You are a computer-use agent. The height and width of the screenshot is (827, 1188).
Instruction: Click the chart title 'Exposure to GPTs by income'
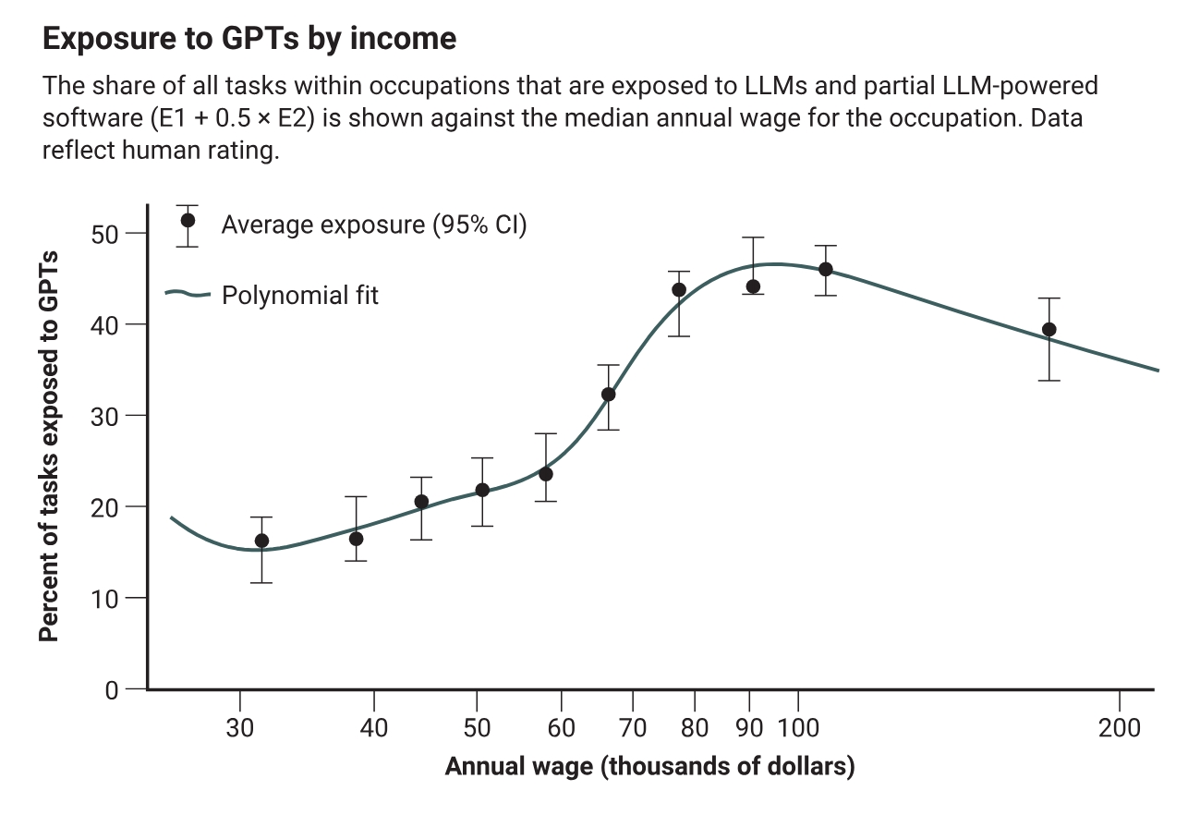249,39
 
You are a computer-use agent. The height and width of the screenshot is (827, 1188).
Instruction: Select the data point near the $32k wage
261,541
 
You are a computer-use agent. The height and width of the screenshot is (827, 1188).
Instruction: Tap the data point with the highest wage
1049,330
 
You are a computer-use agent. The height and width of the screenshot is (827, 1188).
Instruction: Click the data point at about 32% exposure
608,395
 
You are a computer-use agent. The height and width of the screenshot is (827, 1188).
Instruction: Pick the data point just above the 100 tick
825,269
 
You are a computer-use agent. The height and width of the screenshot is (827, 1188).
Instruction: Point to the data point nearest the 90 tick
753,286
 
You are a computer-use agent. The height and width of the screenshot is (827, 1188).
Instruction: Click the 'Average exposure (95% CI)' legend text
373,225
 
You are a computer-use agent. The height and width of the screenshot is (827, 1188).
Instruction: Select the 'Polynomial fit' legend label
300,296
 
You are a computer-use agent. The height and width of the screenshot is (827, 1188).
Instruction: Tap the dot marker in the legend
188,221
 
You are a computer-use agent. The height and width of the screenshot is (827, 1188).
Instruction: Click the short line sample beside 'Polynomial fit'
188,295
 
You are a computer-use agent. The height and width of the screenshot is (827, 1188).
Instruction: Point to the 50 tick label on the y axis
107,233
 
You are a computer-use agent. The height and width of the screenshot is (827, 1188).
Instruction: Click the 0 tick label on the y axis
112,689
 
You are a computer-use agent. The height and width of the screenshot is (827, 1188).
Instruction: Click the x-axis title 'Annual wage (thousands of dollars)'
649,767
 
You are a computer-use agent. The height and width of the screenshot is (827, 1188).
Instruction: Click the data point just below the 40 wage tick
356,539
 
